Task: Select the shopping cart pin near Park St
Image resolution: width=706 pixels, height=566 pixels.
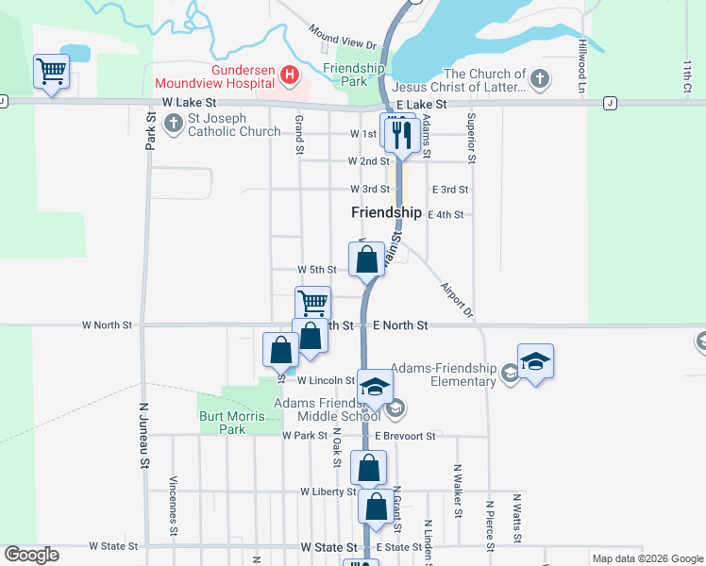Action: click(x=51, y=70)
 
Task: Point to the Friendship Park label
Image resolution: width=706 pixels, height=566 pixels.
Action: click(x=354, y=75)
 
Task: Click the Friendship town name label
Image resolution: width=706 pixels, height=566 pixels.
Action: click(x=386, y=213)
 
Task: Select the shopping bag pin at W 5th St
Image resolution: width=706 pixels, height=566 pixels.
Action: click(x=367, y=259)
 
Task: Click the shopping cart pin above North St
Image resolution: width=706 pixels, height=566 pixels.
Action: click(x=312, y=304)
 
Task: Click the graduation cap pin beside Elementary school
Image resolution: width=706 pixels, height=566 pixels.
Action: click(x=535, y=361)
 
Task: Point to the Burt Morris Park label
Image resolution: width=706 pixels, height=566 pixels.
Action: click(x=221, y=423)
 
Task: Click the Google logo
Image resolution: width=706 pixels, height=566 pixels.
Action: click(x=31, y=555)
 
